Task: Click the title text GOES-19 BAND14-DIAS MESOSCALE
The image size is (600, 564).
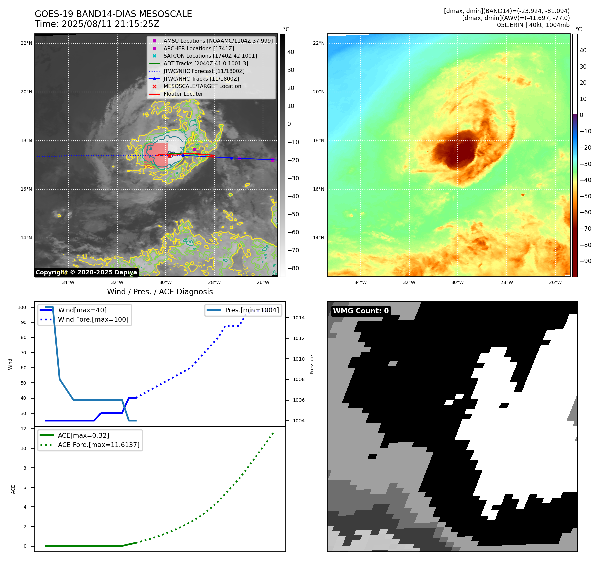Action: (113, 14)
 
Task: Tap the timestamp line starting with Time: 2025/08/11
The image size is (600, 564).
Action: (97, 24)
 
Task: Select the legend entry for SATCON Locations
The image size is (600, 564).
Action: (210, 56)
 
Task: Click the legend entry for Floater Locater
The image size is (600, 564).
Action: (183, 94)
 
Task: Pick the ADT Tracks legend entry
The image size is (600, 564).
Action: (206, 63)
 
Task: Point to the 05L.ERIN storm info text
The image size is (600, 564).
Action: (533, 25)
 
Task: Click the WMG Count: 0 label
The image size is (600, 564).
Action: (361, 311)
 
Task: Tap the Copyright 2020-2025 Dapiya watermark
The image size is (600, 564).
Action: (86, 272)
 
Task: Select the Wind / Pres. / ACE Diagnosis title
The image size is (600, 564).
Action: (160, 292)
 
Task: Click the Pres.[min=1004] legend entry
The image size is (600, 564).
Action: (252, 310)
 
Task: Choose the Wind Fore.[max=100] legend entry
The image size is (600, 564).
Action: (93, 319)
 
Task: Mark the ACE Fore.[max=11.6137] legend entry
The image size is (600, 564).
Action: (98, 445)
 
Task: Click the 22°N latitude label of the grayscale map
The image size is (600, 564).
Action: (27, 43)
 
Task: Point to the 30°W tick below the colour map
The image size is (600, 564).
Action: (457, 282)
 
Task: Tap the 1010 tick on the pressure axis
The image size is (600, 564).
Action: (299, 359)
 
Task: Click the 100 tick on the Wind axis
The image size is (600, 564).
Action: (22, 307)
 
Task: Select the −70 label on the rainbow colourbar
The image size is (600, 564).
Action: (585, 229)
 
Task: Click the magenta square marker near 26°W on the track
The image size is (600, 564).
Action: (273, 160)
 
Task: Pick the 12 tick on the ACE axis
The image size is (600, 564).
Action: (23, 429)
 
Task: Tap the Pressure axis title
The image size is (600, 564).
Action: (312, 364)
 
